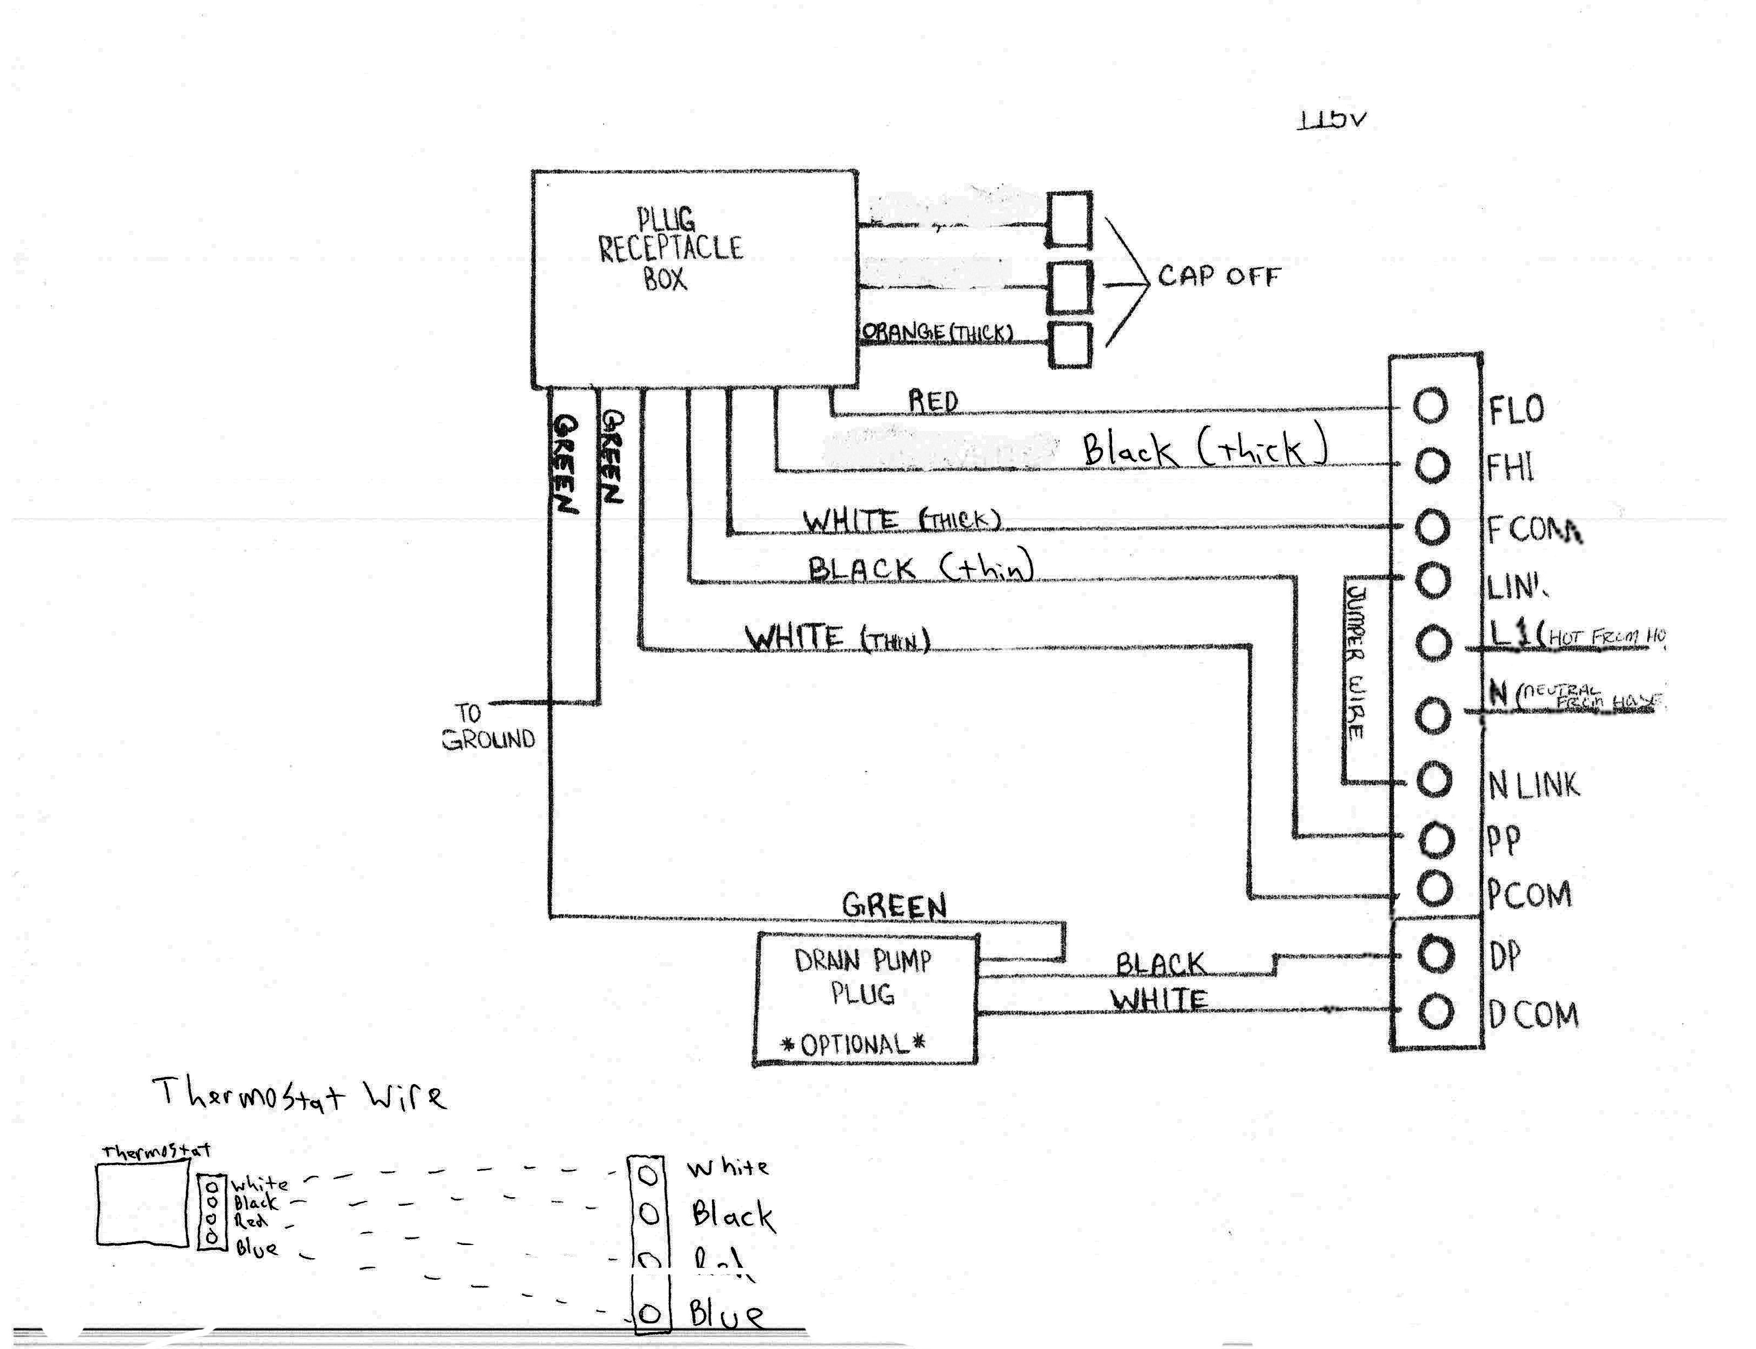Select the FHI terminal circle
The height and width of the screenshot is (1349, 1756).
[x=1431, y=465]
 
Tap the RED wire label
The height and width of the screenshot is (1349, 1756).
[x=933, y=401]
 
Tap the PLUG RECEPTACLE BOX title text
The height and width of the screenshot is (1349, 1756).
[x=670, y=248]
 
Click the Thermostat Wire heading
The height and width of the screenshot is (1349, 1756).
[x=299, y=1094]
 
